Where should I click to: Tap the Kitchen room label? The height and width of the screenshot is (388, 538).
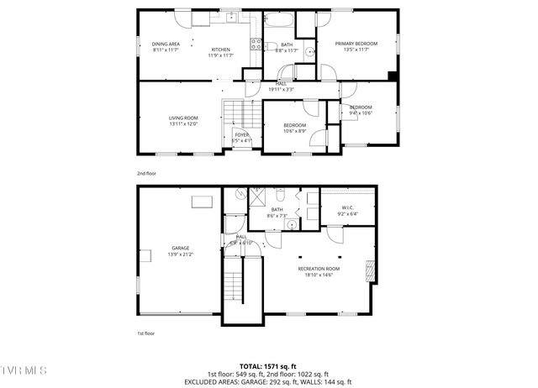tap(220, 50)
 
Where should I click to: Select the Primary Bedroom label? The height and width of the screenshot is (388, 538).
tap(356, 44)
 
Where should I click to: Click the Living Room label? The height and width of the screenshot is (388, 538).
tap(182, 118)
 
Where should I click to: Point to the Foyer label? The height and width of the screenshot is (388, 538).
tap(241, 134)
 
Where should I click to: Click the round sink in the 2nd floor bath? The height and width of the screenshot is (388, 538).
tap(309, 53)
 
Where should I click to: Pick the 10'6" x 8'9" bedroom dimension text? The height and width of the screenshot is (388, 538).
tap(294, 131)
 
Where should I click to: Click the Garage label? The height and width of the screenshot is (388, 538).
tap(181, 248)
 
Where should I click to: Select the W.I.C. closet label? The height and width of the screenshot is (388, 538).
tap(348, 207)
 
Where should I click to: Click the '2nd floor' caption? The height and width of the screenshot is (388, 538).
tap(146, 173)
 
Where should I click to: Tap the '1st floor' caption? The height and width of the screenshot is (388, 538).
tap(146, 333)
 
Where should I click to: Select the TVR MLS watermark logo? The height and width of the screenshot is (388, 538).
tap(24, 370)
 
